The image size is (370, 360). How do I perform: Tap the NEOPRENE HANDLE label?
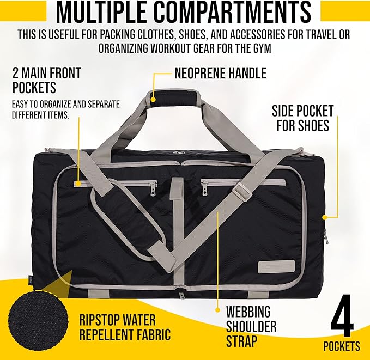[220, 73]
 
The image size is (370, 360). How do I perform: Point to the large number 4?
[345, 319]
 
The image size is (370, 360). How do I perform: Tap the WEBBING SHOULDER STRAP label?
[251, 327]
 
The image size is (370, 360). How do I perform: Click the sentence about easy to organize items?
[65, 109]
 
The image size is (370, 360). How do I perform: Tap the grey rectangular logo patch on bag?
[276, 267]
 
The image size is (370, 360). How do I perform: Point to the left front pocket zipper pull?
[153, 188]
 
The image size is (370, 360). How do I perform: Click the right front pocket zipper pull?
[205, 188]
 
